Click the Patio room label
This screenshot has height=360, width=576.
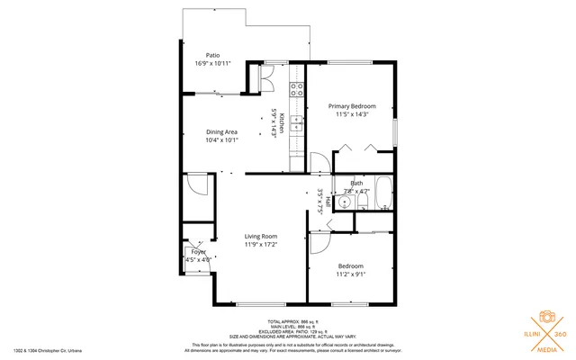click(x=213, y=54)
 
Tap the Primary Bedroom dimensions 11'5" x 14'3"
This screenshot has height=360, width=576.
click(x=351, y=115)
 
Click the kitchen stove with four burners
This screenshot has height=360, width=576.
click(x=296, y=88)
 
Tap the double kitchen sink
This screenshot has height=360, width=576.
click(x=296, y=128)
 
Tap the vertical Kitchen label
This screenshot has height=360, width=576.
click(x=282, y=123)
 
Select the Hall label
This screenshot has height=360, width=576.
click(x=328, y=200)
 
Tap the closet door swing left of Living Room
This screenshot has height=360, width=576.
click(x=198, y=185)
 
